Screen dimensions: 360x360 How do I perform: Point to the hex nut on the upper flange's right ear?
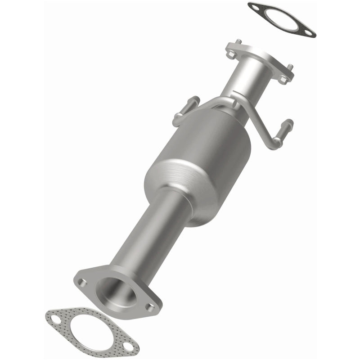(x=283, y=79)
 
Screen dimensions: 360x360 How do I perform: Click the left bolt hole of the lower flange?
(x=82, y=281)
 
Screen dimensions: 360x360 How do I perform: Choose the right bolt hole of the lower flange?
(x=151, y=306)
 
